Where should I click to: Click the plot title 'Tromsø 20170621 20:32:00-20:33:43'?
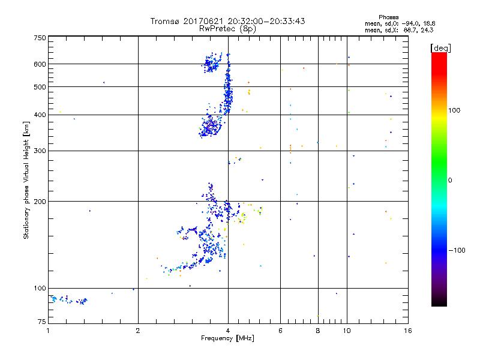(x=227, y=21)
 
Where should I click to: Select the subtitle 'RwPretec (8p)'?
(x=227, y=28)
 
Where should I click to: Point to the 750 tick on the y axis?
(x=40, y=38)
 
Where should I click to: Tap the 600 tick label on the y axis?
(x=40, y=64)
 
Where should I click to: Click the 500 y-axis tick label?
(x=40, y=87)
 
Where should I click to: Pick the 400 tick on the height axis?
(x=40, y=115)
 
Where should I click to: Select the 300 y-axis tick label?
(x=40, y=151)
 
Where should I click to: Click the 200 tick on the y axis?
(x=40, y=202)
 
